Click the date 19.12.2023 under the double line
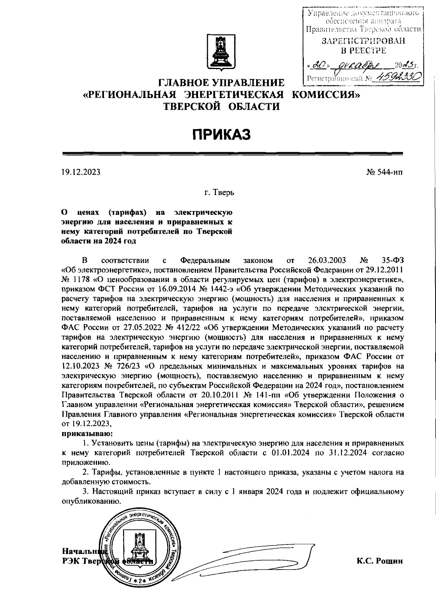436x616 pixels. coord(81,172)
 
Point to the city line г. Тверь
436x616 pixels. coord(219,192)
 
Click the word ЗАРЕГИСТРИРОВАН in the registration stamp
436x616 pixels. coord(363,41)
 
